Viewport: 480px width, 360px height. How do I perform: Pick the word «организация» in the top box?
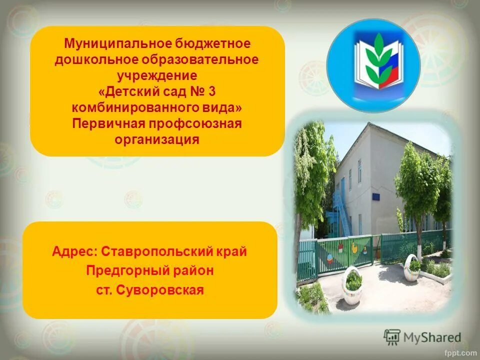pos(157,139)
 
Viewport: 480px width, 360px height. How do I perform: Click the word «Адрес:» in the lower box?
pos(74,251)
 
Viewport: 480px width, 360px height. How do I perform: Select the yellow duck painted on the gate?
pos(353,247)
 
